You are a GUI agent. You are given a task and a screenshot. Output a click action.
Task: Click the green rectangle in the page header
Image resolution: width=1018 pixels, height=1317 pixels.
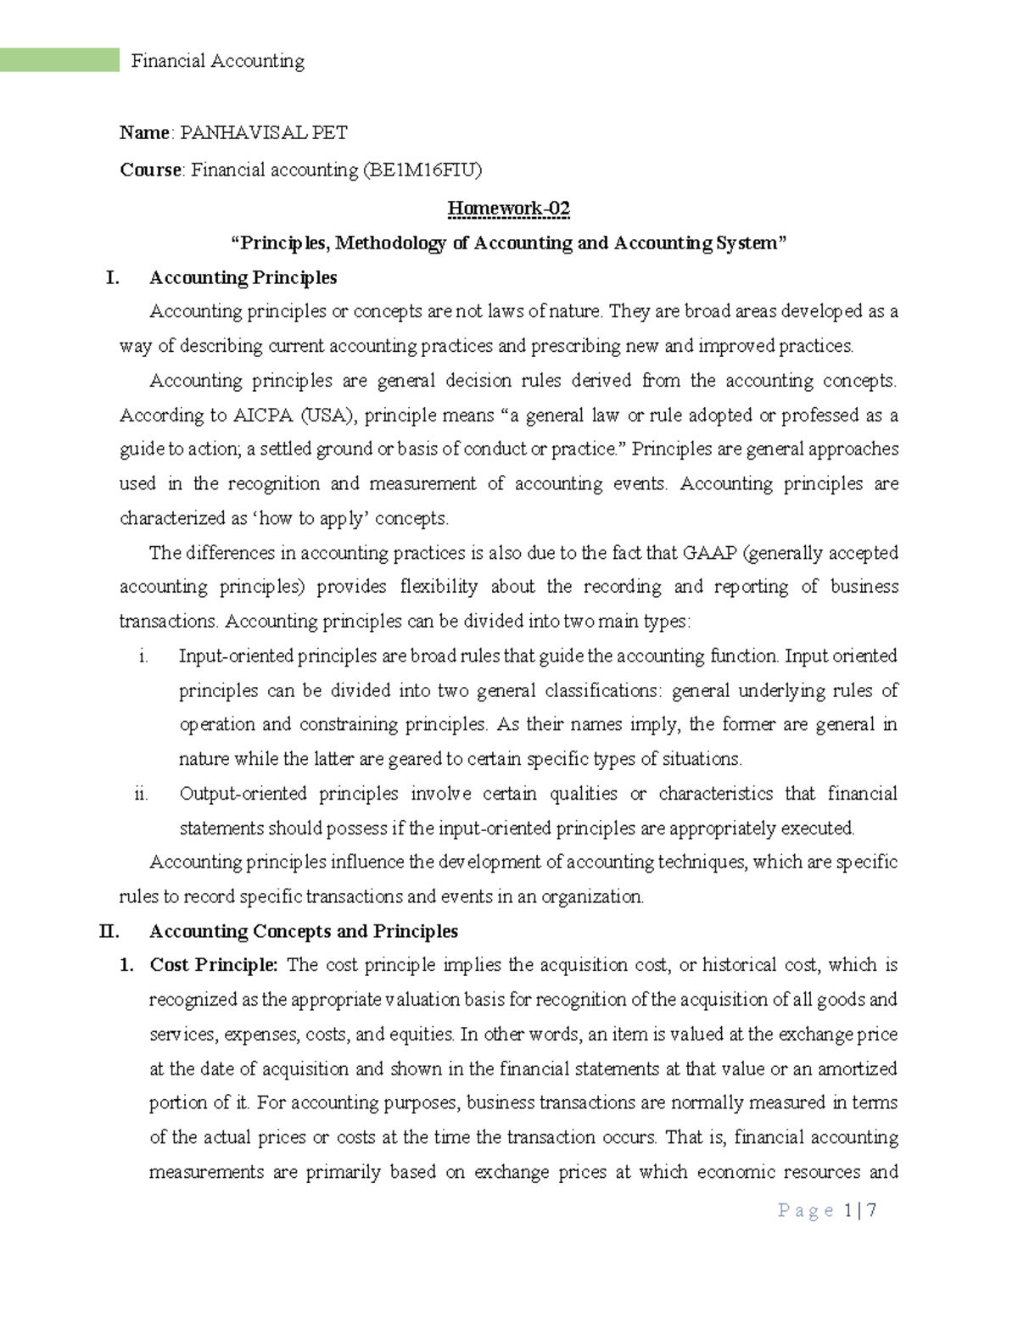click(59, 60)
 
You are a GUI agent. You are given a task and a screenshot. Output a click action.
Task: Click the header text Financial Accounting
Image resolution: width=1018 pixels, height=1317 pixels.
click(217, 61)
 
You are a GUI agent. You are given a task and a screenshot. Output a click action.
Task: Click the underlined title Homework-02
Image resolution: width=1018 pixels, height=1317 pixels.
click(508, 209)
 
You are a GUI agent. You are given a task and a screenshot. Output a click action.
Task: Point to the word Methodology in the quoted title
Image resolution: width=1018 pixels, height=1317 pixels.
click(390, 243)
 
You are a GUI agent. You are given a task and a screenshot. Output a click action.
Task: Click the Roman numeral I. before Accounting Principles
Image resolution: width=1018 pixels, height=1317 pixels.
click(112, 278)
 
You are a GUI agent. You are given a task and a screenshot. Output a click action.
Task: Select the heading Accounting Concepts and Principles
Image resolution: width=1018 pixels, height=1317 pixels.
click(303, 931)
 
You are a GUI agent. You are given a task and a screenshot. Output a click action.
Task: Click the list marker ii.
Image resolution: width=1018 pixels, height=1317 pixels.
click(141, 794)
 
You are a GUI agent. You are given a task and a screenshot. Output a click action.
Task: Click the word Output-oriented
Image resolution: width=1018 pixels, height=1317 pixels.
click(243, 794)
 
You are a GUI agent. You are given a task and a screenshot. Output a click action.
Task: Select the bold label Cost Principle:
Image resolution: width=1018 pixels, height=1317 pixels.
click(213, 965)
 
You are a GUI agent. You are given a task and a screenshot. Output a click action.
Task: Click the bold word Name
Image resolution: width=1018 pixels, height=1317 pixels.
click(144, 132)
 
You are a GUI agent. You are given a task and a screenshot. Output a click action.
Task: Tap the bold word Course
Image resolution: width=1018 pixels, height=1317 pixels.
click(150, 170)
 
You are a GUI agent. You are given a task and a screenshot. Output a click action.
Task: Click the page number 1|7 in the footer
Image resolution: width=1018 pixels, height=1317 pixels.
click(860, 1211)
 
